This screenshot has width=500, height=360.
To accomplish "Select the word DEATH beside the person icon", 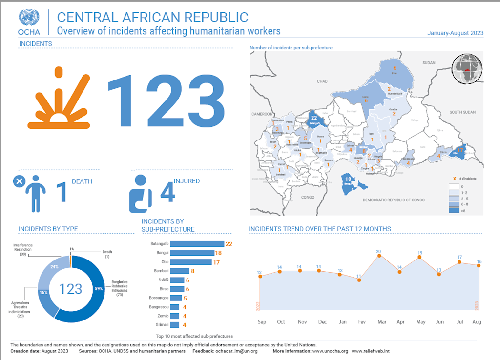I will pos(82,181).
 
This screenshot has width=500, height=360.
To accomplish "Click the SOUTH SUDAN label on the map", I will pos(462,112).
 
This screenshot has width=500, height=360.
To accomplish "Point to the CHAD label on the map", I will pos(322,81).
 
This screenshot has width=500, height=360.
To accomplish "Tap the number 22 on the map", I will pos(314,118).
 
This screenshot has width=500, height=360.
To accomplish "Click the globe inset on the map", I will pos(467,69).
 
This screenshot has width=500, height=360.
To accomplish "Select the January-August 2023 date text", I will pos(455,33).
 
